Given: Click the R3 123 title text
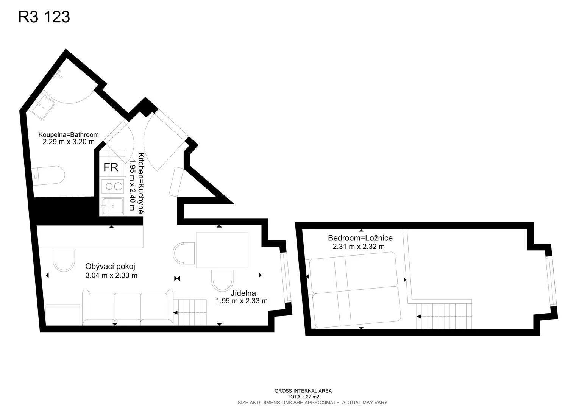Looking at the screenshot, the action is (44, 17).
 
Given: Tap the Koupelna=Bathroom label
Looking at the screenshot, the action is (69, 135).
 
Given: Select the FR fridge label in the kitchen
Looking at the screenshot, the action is (111, 167).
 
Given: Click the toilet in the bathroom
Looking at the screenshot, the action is (48, 176).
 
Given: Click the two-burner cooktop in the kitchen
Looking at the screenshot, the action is (113, 186).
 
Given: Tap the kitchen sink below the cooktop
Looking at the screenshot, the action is (113, 206).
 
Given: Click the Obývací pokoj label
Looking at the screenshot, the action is (110, 266).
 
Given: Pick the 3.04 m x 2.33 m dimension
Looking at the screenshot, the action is (111, 275).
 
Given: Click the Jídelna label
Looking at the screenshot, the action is (243, 293).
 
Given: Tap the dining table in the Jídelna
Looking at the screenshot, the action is (222, 250).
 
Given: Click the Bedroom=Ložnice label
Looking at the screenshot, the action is (361, 238).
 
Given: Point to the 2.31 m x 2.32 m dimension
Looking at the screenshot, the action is (359, 247).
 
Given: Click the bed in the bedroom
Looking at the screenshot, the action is (355, 290).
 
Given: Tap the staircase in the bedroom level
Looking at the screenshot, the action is (444, 316).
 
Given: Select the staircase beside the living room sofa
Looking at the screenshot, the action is (190, 312).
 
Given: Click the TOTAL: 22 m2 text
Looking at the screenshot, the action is (303, 397).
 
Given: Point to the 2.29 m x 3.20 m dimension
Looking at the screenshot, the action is (69, 142).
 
